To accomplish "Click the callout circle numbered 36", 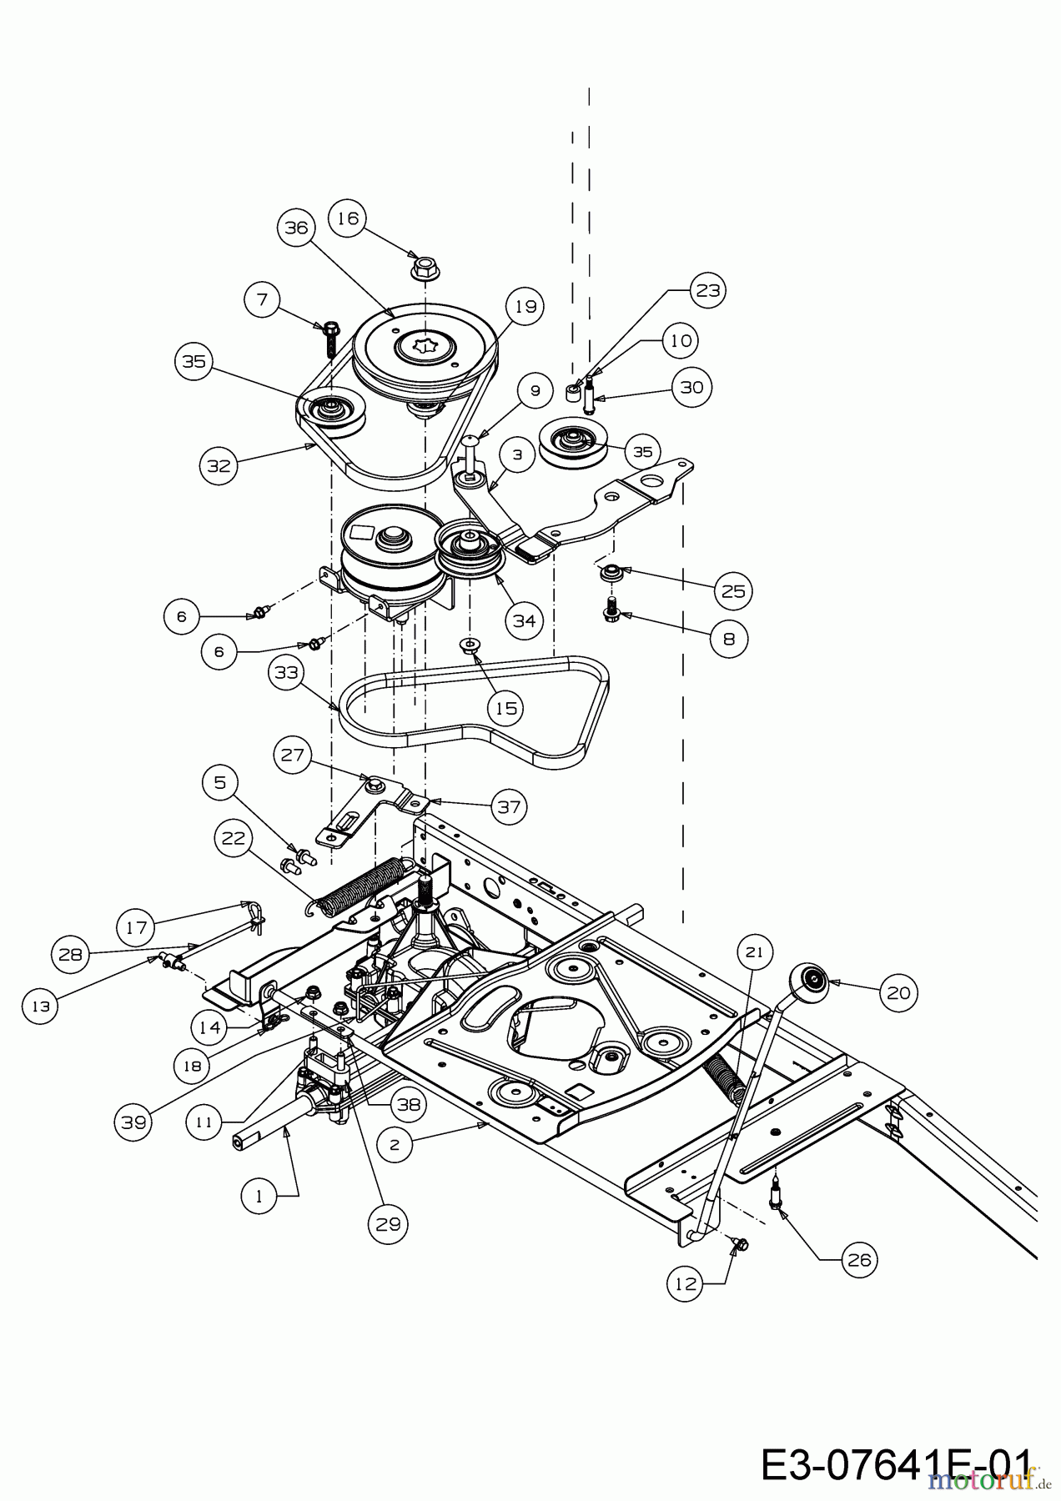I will pyautogui.click(x=299, y=228).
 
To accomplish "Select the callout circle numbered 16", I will pyautogui.click(x=348, y=218).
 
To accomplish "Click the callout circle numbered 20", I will pyautogui.click(x=898, y=991).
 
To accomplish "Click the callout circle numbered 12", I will pyautogui.click(x=686, y=1285).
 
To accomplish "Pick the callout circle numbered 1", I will pyautogui.click(x=259, y=1195).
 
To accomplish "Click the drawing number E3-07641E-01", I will pyautogui.click(x=897, y=1464).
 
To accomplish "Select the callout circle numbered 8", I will pyautogui.click(x=730, y=639).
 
